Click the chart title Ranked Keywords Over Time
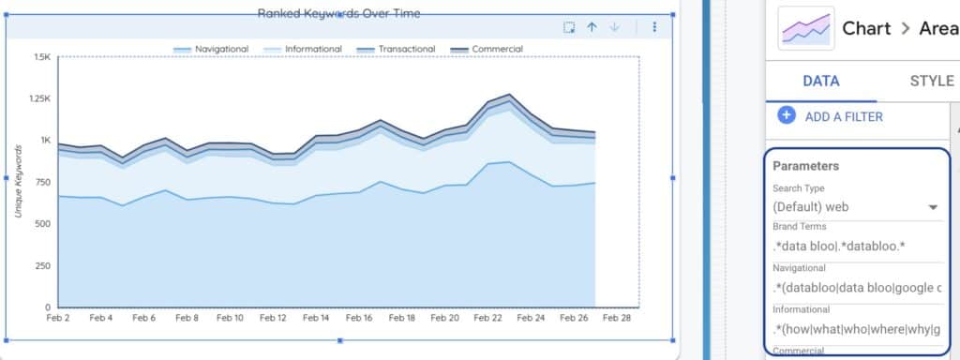tap(339, 13)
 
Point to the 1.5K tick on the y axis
tap(41, 57)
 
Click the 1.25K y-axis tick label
tap(37, 98)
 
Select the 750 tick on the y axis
tap(41, 182)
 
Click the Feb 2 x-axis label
tap(58, 319)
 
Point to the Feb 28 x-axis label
tap(616, 319)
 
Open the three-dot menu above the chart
tap(654, 27)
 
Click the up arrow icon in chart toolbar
tap(592, 27)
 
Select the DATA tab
tap(820, 82)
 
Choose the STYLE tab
tap(931, 82)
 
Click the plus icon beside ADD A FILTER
tap(787, 115)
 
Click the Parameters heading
tap(805, 166)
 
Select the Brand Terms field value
tap(837, 247)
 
